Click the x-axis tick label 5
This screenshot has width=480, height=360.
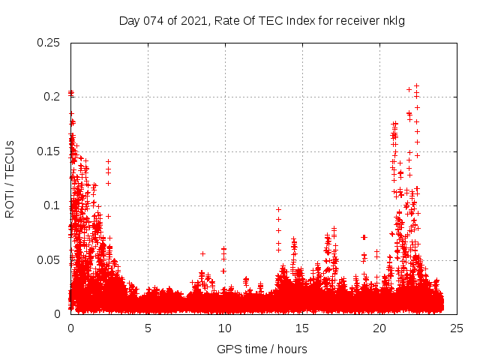click(148, 328)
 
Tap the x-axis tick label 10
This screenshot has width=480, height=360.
click(225, 328)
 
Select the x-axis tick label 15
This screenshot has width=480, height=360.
click(302, 328)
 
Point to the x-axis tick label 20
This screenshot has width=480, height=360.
click(379, 328)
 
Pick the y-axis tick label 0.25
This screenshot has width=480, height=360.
click(49, 43)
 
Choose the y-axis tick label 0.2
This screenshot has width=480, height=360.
click(52, 97)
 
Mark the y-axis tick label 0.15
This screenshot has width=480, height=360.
click(49, 151)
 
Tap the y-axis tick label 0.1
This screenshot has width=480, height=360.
click(52, 205)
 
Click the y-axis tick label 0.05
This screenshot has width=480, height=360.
click(49, 260)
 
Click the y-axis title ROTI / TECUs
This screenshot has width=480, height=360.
click(10, 179)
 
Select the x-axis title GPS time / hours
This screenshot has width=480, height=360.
click(262, 349)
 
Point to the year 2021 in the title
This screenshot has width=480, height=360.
click(192, 20)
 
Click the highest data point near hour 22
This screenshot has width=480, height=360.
click(416, 85)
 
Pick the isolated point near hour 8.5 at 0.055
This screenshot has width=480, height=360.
click(202, 253)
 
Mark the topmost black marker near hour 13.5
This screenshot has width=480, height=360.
click(278, 210)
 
